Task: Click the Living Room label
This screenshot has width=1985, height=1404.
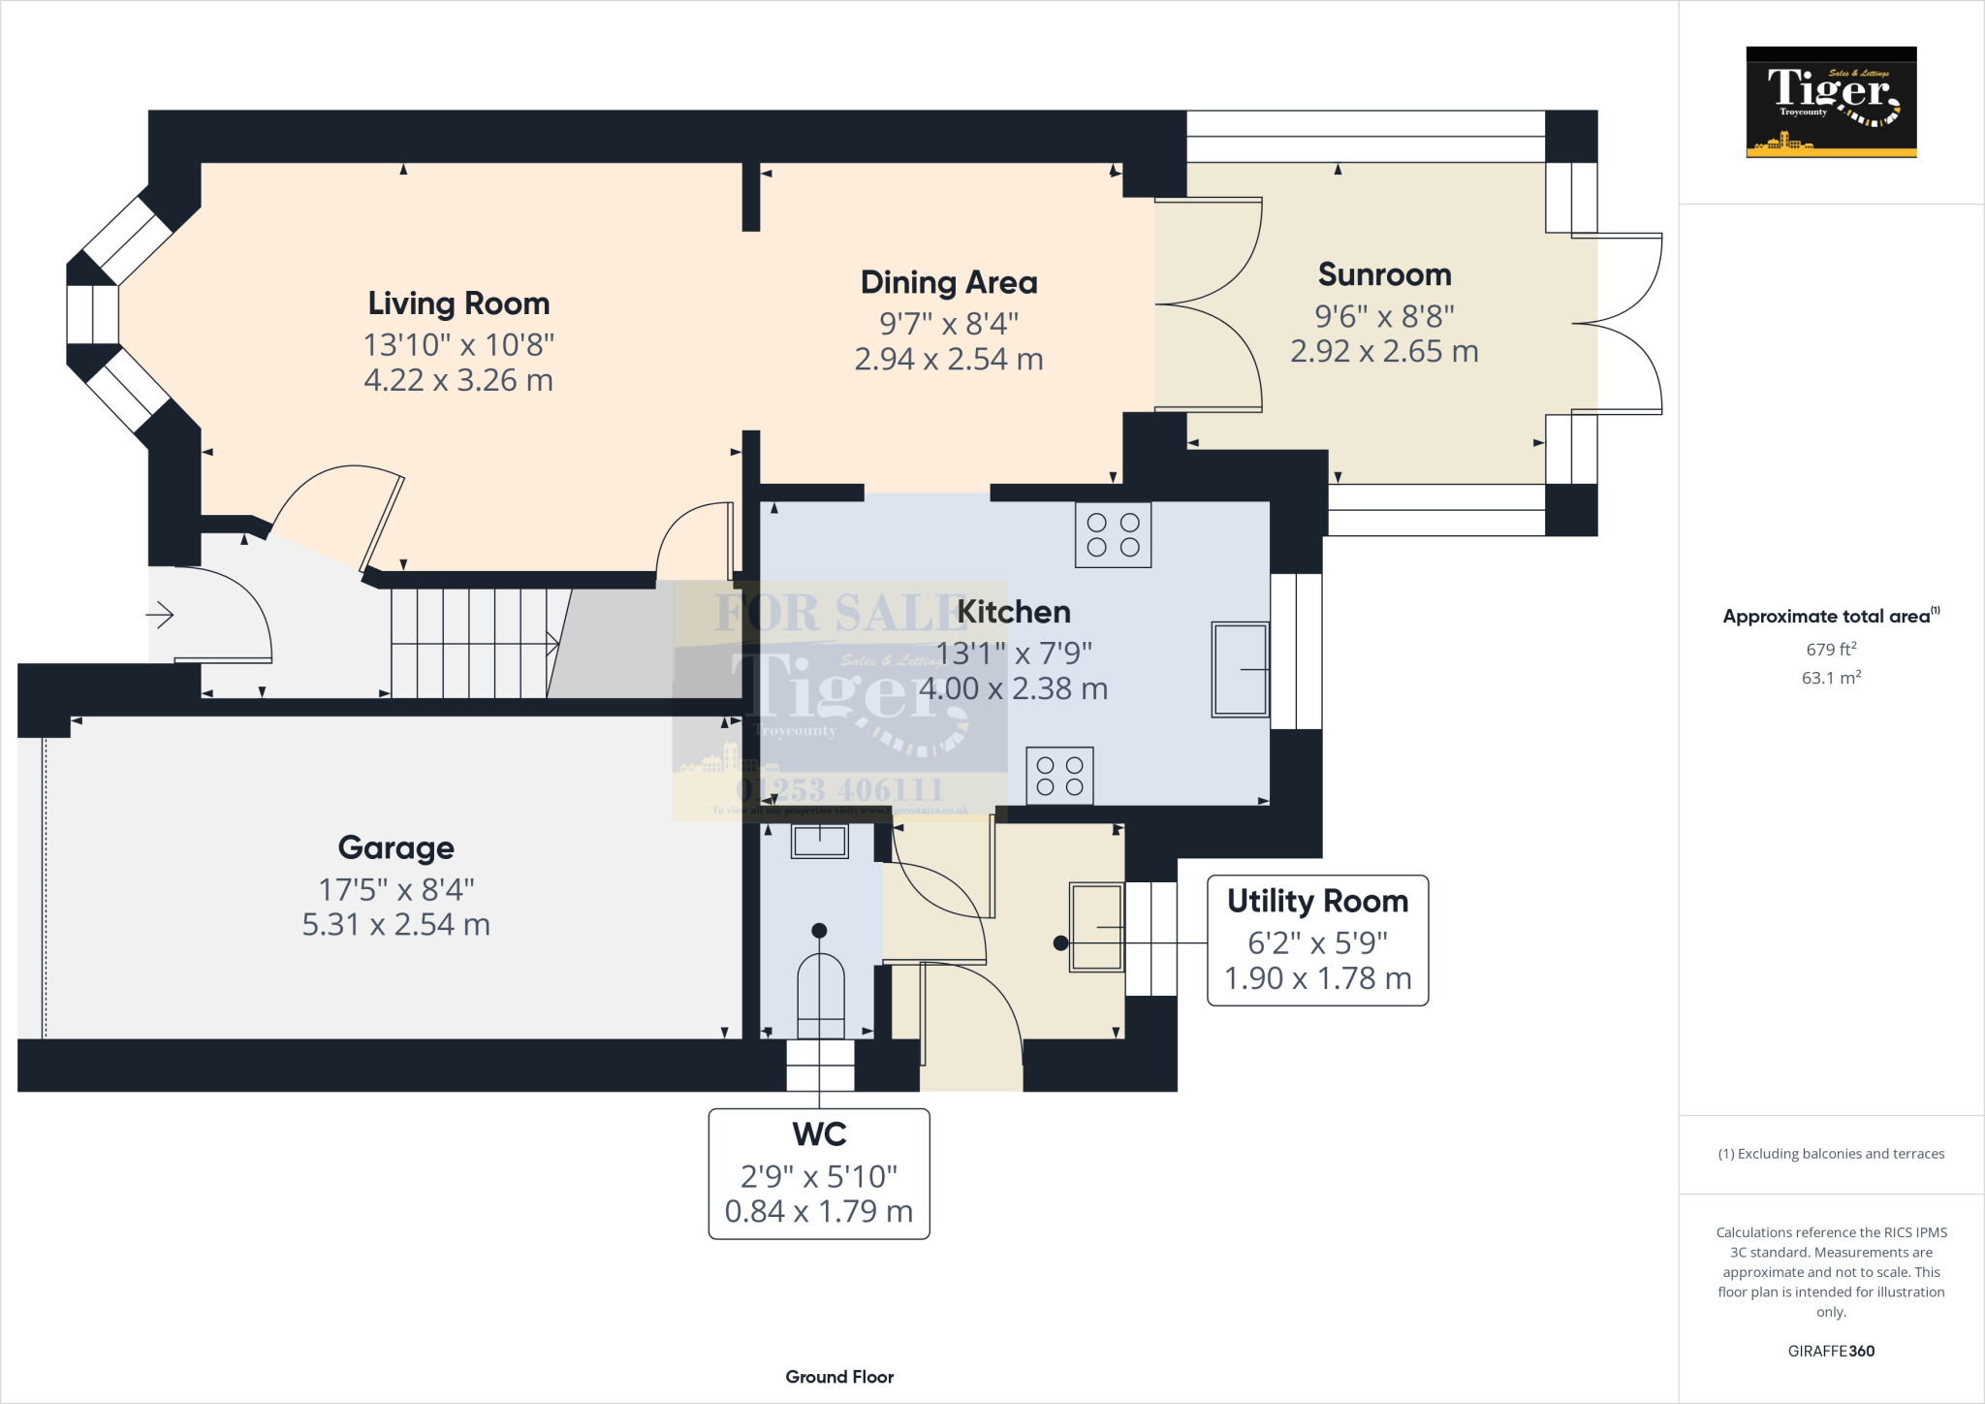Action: [x=458, y=303]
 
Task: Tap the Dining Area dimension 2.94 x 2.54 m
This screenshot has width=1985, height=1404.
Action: [x=948, y=360]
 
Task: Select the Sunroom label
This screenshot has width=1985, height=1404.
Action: [x=1384, y=275]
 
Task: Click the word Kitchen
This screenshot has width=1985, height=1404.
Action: [x=1014, y=612]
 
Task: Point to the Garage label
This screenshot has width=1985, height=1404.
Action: [x=395, y=847]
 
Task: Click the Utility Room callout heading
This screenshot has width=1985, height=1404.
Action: [x=1317, y=901]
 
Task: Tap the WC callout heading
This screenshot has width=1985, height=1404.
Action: [x=819, y=1133]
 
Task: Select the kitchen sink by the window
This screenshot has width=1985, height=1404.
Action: [x=1240, y=669]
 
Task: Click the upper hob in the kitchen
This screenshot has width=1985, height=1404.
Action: [x=1113, y=534]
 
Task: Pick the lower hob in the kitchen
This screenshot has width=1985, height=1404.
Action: [x=1059, y=776]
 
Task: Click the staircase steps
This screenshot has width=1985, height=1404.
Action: [x=470, y=643]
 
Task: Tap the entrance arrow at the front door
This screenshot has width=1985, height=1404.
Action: [x=160, y=615]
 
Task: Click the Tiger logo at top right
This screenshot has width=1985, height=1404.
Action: [x=1831, y=102]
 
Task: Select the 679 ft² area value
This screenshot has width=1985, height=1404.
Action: [x=1830, y=649]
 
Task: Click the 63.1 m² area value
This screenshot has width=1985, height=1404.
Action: [x=1830, y=678]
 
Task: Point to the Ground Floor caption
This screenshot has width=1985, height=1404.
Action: [x=839, y=1377]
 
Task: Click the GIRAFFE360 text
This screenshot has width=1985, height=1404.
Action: [x=1830, y=1351]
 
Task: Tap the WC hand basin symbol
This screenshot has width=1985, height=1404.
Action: [x=820, y=841]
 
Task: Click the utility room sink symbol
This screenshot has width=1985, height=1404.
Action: [x=1096, y=927]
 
